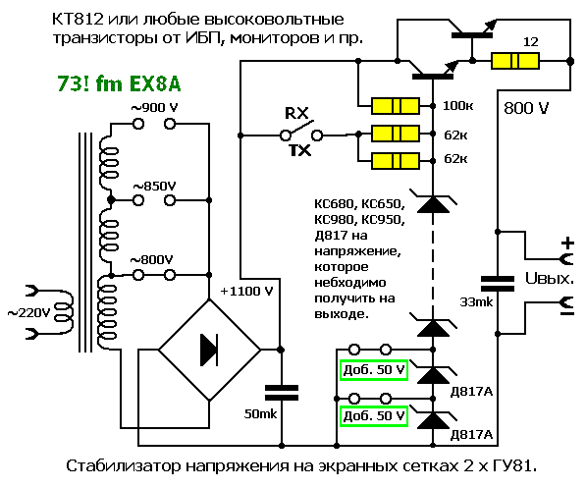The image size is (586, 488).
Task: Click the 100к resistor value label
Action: [x=457, y=106]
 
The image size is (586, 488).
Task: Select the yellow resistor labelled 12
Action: [x=515, y=61]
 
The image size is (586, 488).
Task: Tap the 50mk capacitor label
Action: [x=260, y=413]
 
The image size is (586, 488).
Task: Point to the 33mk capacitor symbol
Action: [x=497, y=283]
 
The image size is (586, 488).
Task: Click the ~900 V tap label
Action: [x=154, y=108]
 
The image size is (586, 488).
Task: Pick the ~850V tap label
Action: [x=154, y=187]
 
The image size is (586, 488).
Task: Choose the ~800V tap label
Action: [x=151, y=259]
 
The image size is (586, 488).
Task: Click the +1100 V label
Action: [x=246, y=291]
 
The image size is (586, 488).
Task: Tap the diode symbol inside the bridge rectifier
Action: [x=209, y=350]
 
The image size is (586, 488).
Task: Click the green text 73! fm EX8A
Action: [x=119, y=83]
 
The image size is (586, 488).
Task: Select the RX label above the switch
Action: [x=296, y=113]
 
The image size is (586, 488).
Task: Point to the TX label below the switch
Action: [x=300, y=150]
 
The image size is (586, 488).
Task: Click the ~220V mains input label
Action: [x=28, y=312]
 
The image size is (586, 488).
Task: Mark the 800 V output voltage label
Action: [x=526, y=108]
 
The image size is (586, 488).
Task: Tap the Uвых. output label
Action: [x=550, y=278]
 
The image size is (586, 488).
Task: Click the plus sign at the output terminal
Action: [x=567, y=244]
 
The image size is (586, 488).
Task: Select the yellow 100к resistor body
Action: [x=396, y=106]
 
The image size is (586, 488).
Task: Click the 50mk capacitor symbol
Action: [x=282, y=393]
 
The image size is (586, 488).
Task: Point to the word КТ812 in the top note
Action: [x=78, y=20]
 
